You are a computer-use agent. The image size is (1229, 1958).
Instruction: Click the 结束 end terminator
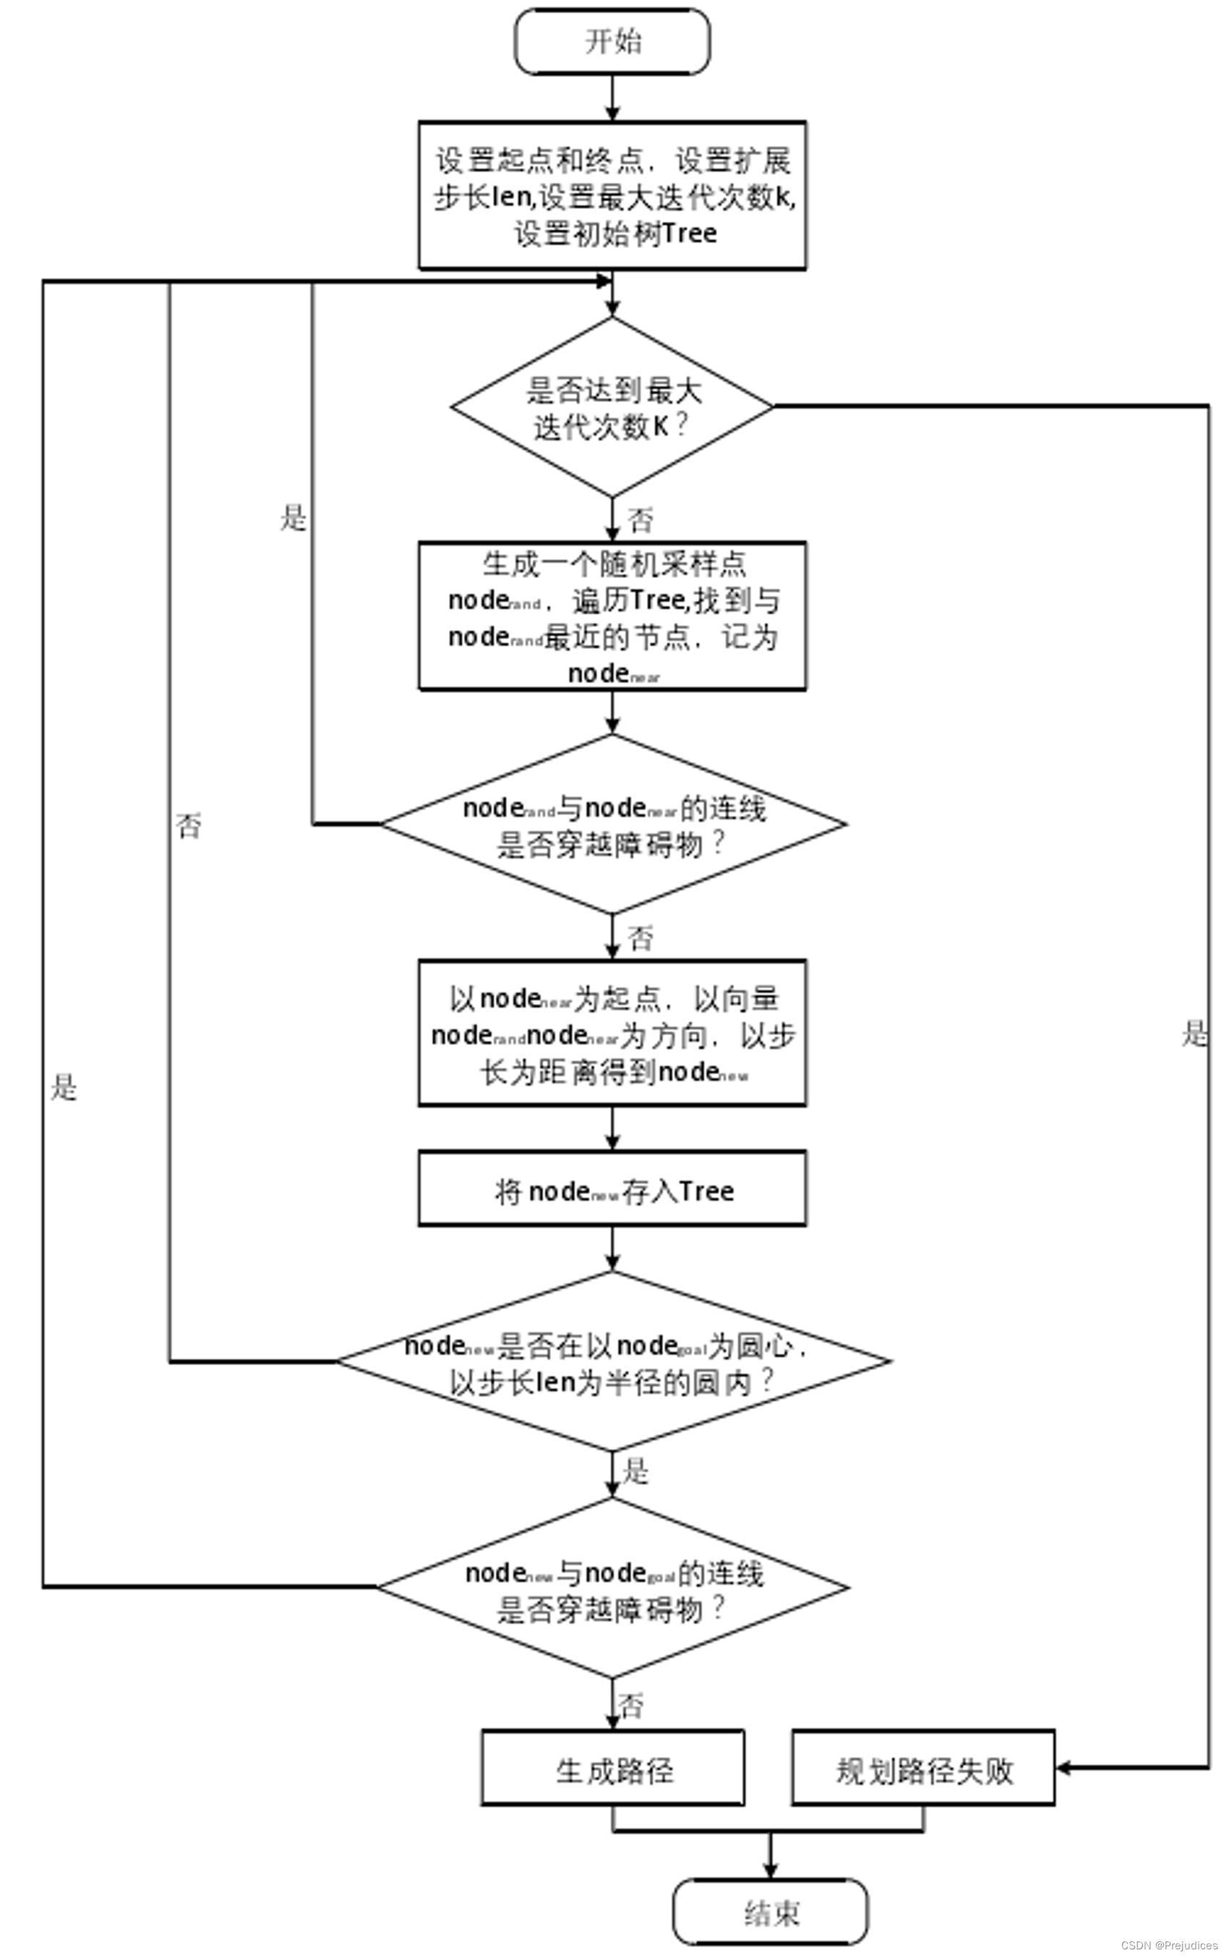pyautogui.click(x=770, y=1912)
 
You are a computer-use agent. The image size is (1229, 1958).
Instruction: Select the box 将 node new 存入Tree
pyautogui.click(x=612, y=1191)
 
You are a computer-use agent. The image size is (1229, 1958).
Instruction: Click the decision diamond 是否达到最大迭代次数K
pyautogui.click(x=612, y=407)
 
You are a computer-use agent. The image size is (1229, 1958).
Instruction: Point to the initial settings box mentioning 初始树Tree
pyautogui.click(x=612, y=196)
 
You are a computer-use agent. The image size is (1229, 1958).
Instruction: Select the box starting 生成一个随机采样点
pyautogui.click(x=612, y=616)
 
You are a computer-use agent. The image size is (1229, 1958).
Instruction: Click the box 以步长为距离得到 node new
pyautogui.click(x=612, y=1034)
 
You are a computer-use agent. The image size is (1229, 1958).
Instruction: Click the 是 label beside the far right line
pyautogui.click(x=1194, y=1034)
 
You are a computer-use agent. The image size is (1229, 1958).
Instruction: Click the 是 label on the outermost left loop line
pyautogui.click(x=64, y=1087)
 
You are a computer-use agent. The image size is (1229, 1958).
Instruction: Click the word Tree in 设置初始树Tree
pyautogui.click(x=689, y=234)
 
